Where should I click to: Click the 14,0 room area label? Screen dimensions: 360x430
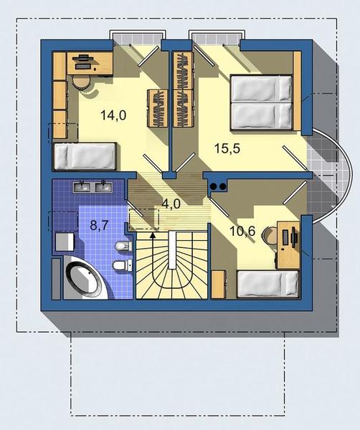point(113,115)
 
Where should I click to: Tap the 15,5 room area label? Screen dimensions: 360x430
point(227,148)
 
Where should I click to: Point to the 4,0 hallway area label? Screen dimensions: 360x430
point(171,204)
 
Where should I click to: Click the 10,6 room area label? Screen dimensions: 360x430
point(242,231)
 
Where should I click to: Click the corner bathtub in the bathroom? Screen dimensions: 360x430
point(85,277)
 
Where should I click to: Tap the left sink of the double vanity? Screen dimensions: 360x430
point(81,187)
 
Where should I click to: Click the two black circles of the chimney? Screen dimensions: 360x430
point(218,186)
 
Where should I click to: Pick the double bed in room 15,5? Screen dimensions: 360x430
point(261,102)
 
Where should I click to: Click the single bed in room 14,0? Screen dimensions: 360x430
point(85,156)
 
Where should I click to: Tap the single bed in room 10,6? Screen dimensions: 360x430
point(267,284)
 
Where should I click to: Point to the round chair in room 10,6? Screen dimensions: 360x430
point(270,236)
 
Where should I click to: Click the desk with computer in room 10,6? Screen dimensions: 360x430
point(288,245)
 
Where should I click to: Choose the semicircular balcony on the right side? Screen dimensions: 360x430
point(328,176)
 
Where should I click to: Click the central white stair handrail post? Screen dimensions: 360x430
point(172,250)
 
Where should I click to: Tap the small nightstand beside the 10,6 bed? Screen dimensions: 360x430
point(219,284)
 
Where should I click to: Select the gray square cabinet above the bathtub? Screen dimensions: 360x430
point(65,242)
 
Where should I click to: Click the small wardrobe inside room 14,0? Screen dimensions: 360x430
point(157,108)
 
